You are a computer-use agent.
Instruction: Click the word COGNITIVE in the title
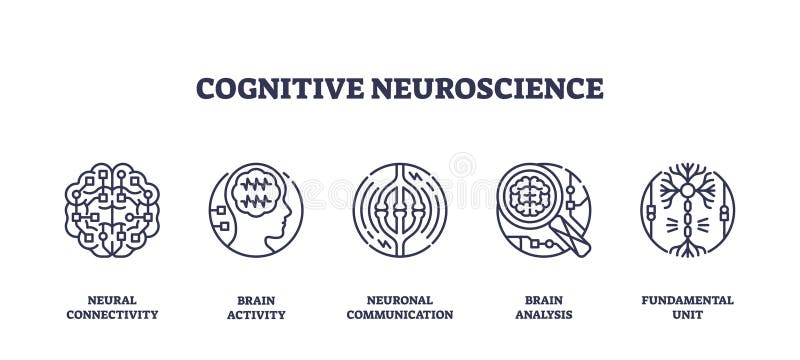click(279, 88)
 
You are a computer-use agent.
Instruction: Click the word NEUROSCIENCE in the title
click(487, 88)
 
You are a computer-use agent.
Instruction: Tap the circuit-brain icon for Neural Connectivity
click(112, 210)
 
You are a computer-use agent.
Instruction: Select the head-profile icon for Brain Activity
click(255, 210)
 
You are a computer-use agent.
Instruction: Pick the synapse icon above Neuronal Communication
click(400, 210)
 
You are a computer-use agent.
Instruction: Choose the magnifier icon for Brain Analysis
click(543, 210)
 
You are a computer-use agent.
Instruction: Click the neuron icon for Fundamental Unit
click(688, 210)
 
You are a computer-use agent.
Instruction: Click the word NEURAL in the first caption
click(112, 300)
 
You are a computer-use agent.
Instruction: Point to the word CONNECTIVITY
click(112, 314)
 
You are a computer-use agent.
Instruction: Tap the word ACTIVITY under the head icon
click(255, 315)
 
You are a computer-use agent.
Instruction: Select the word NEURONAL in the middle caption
click(400, 300)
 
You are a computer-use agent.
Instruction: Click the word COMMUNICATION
click(400, 314)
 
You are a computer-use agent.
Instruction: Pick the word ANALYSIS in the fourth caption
click(544, 315)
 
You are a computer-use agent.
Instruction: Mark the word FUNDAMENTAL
click(688, 300)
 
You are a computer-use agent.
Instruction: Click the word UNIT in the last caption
click(688, 314)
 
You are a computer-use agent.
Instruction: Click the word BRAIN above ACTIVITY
click(255, 300)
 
